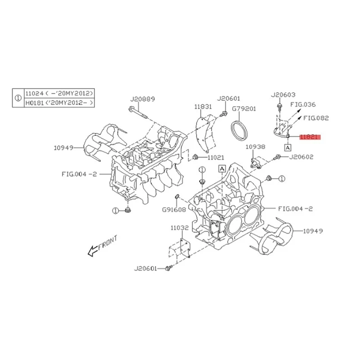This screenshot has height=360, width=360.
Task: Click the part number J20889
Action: (143, 99)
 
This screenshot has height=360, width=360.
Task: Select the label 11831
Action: (203, 107)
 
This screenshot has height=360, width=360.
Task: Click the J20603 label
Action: (283, 95)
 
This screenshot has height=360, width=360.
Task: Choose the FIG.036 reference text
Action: (303, 104)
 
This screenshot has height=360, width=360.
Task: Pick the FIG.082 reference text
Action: (316, 118)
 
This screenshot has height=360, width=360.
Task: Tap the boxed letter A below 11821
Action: (288, 147)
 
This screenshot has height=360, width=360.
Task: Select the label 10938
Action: (255, 147)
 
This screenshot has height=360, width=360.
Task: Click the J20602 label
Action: (301, 157)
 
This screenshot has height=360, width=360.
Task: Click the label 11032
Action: (179, 229)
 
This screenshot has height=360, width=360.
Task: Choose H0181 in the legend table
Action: (34, 103)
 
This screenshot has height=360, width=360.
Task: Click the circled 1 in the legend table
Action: (18, 98)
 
